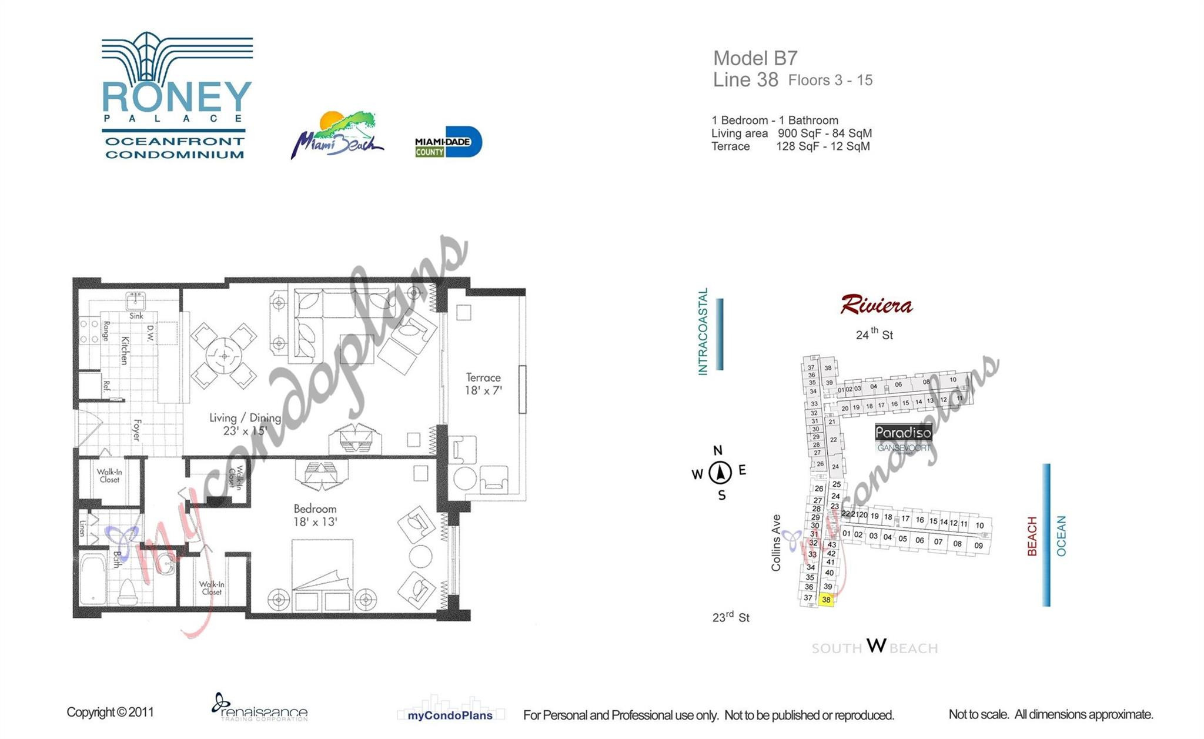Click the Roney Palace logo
[x=177, y=96]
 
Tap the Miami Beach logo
[x=337, y=135]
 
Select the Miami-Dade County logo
[x=448, y=142]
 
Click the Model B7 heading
[x=755, y=58]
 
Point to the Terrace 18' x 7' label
[x=483, y=384]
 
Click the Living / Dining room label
[x=245, y=424]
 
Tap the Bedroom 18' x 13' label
[x=315, y=515]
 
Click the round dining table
[x=224, y=356]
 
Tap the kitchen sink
[x=136, y=301]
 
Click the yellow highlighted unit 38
[x=826, y=600]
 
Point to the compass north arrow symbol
[x=720, y=472]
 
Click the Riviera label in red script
[x=876, y=305]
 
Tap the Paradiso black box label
[x=903, y=433]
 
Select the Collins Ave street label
[x=776, y=543]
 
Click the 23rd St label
[x=731, y=617]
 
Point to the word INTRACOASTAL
[x=703, y=332]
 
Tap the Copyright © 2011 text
[x=110, y=712]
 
